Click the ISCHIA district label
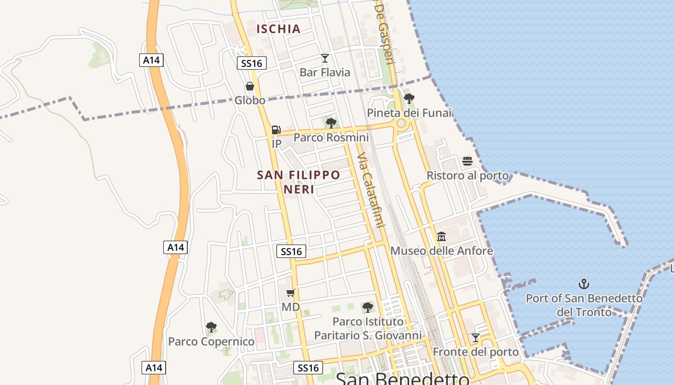point(278,29)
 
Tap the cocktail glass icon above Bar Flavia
point(325,58)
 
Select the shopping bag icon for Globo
point(250,86)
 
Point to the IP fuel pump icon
point(276,129)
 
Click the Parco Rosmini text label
point(331,138)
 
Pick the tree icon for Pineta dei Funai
point(409,99)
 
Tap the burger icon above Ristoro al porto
point(467,161)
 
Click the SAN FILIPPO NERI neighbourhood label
point(298,181)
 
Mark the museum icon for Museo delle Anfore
point(441,236)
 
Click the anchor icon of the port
point(584,284)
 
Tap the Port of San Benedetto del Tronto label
point(584,305)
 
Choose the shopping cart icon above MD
point(290,293)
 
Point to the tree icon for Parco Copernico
point(211,327)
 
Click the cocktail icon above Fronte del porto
point(476,338)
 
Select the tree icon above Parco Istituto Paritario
point(368,307)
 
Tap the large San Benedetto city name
point(402,378)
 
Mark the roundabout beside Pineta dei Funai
point(401,123)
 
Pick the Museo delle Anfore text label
point(441,251)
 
